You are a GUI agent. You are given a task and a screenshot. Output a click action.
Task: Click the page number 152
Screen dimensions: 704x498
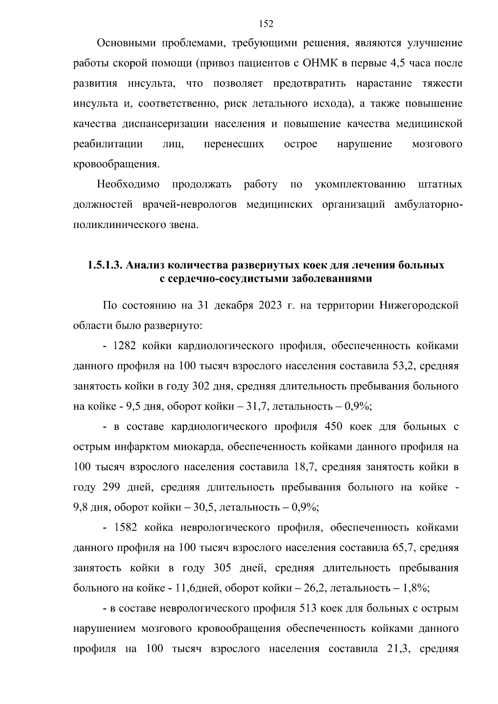coord(266,24)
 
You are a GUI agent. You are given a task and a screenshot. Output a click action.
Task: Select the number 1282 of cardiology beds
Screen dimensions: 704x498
coord(124,346)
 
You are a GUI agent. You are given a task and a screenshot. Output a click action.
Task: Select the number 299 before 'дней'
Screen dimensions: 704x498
coord(111,487)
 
